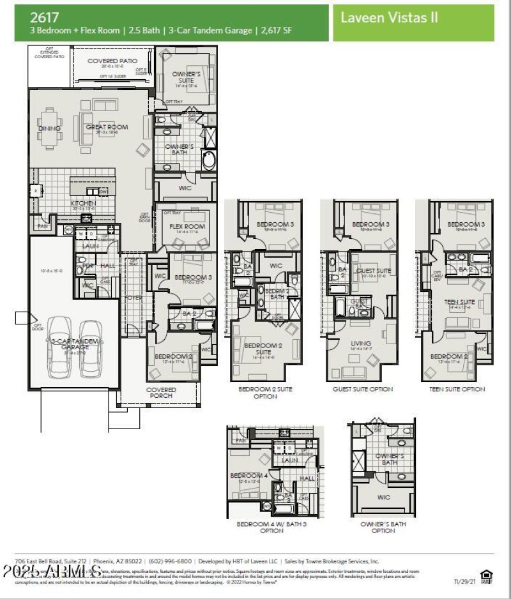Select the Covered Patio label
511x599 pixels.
click(107, 61)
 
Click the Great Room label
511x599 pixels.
click(107, 127)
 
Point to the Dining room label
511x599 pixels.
click(49, 128)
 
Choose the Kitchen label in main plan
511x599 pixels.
click(84, 203)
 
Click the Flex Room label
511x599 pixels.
click(187, 227)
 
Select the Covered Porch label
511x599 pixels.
click(161, 393)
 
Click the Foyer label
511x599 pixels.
click(133, 297)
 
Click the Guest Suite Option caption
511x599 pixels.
click(363, 389)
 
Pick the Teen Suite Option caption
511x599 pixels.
click(457, 389)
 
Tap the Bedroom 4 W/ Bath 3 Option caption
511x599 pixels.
click(271, 527)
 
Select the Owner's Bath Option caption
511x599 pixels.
click(383, 527)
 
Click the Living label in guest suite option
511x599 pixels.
click(361, 344)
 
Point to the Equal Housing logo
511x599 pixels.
click(487, 577)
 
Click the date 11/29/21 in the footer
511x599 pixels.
click(465, 582)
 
